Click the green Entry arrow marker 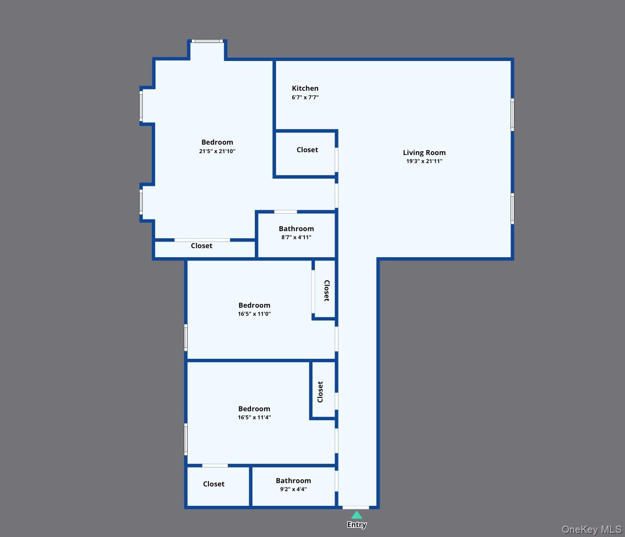356,515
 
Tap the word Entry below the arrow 356,525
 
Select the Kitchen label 305,88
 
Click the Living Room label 424,153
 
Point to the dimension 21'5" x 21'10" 217,151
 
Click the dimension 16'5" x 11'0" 254,314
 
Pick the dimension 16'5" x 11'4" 254,417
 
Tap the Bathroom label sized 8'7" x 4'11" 296,229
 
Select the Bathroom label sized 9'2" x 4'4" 293,481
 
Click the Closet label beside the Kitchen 307,150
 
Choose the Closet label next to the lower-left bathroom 214,484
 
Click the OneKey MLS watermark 591,529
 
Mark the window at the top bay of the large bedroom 207,41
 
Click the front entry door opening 356,507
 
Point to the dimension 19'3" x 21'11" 424,161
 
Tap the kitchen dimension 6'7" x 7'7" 305,97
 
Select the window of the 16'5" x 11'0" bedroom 186,338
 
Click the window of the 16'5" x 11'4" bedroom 186,439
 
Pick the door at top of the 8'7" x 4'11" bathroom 286,212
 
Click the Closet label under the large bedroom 201,246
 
